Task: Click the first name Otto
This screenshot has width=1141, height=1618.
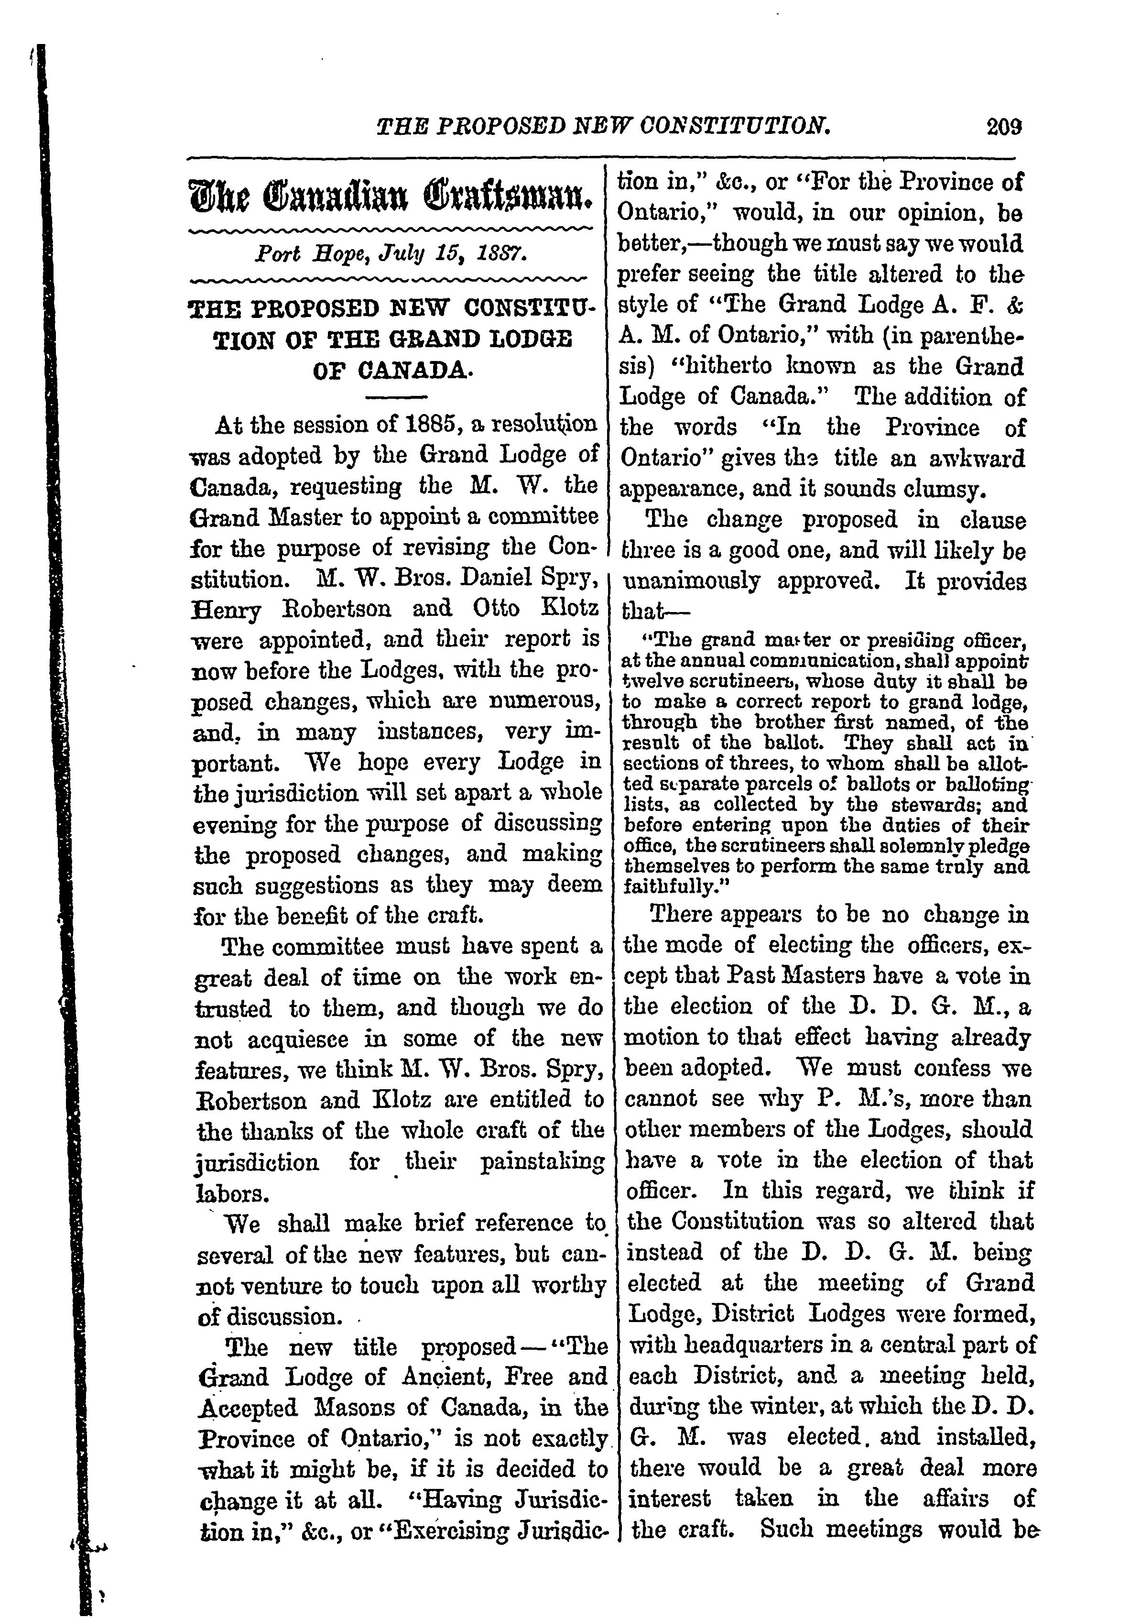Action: click(x=497, y=608)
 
